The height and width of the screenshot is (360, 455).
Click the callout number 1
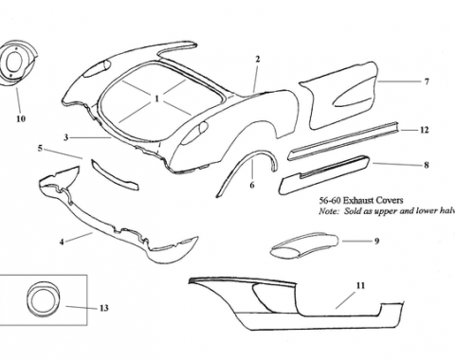(156, 98)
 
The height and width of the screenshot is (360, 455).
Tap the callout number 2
(257, 59)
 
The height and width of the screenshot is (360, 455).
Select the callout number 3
(66, 137)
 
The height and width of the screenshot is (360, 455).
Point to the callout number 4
(62, 242)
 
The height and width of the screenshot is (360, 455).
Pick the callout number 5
(40, 149)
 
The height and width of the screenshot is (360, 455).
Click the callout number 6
(252, 186)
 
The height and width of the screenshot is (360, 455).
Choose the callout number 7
(427, 81)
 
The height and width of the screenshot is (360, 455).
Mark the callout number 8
(426, 165)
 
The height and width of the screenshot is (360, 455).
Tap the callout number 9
(376, 242)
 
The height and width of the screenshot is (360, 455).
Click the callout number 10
(21, 119)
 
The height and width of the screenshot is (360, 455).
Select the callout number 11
(360, 285)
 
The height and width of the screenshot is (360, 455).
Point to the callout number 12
(424, 129)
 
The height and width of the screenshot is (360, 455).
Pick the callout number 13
(103, 309)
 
